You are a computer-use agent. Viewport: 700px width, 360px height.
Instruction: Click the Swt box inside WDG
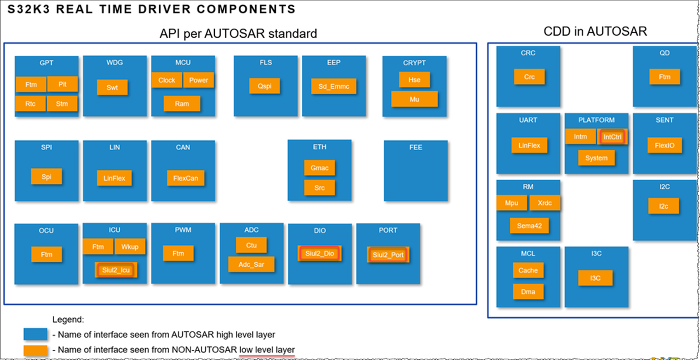(112, 87)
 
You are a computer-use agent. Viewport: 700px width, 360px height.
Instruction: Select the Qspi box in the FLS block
(265, 86)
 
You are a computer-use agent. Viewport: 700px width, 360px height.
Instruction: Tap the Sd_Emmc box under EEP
(334, 86)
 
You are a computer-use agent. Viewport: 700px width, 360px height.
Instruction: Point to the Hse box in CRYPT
(414, 80)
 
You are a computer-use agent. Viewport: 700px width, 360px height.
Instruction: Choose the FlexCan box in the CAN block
(185, 178)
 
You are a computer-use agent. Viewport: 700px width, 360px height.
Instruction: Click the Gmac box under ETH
(319, 168)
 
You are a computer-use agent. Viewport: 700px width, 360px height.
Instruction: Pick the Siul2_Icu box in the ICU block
(116, 270)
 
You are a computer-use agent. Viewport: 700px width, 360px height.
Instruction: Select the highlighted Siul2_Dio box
(320, 253)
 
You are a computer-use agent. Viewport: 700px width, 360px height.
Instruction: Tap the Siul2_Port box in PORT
(388, 255)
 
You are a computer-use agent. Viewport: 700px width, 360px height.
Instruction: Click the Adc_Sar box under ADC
(251, 265)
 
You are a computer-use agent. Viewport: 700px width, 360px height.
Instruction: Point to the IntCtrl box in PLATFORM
(612, 137)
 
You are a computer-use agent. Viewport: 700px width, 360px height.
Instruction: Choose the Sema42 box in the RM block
(529, 226)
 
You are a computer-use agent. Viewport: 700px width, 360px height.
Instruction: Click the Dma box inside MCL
(528, 291)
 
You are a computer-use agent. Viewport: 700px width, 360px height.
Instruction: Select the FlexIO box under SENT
(664, 145)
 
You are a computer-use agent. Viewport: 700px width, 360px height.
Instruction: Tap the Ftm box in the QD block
(664, 77)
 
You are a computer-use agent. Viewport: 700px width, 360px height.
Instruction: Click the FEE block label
(416, 147)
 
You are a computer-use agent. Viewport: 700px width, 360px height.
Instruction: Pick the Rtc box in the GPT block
(30, 104)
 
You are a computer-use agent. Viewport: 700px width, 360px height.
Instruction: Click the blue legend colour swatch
(35, 334)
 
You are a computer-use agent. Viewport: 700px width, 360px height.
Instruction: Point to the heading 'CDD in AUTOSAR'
(595, 31)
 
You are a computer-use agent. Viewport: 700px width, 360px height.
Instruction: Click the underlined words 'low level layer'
(267, 350)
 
